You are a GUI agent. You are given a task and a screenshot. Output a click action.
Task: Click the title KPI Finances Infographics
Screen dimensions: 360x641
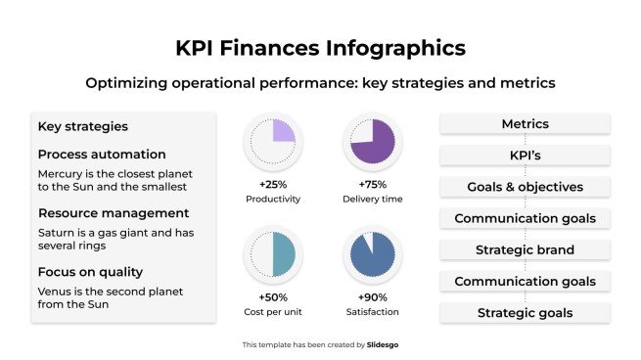tap(320, 47)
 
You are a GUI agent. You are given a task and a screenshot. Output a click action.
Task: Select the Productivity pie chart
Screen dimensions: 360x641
tap(272, 144)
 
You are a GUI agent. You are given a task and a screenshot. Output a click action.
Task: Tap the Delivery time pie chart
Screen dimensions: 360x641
tap(371, 144)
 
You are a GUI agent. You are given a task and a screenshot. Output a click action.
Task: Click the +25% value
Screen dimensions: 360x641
tap(272, 185)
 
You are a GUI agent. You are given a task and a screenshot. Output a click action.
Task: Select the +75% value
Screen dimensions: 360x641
tap(371, 185)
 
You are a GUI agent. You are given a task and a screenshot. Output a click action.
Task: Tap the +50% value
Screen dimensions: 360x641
tap(272, 296)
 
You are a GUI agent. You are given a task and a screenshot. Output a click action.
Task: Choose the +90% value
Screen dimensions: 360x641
tap(371, 296)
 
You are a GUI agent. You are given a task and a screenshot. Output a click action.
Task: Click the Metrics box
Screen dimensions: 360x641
tap(525, 124)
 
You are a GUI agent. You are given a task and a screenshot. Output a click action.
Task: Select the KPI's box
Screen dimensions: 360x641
tap(525, 156)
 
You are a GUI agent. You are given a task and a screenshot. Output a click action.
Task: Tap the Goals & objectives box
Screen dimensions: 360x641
tap(525, 187)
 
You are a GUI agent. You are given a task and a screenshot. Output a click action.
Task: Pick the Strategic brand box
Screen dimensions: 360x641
tap(525, 249)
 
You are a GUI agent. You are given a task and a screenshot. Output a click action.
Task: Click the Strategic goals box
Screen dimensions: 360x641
tap(525, 313)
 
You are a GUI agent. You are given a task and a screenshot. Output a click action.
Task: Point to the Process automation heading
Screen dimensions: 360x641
tap(102, 155)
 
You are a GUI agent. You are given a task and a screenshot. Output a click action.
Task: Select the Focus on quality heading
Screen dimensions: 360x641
tap(90, 271)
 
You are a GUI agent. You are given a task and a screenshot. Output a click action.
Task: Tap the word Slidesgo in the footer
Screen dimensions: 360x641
tap(383, 344)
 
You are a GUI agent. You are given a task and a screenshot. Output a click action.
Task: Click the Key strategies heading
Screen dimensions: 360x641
tap(82, 126)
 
